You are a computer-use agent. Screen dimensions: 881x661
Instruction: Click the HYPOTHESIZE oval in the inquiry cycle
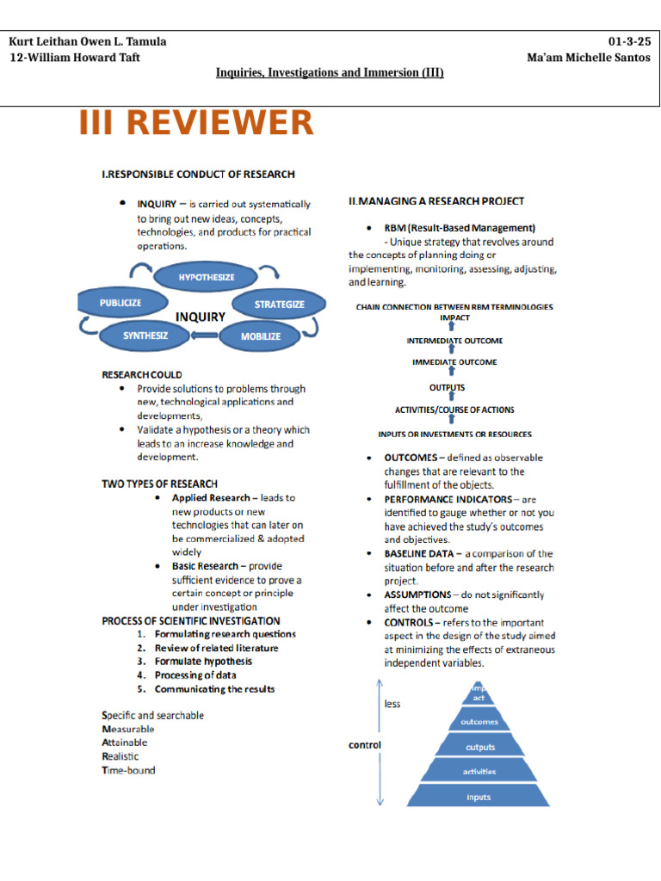tap(206, 277)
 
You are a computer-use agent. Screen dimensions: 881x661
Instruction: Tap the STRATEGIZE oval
tap(279, 305)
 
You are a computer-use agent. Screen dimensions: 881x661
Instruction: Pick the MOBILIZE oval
tap(260, 336)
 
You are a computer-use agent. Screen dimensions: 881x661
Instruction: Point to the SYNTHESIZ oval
tap(145, 336)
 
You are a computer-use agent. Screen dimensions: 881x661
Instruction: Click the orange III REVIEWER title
tap(196, 123)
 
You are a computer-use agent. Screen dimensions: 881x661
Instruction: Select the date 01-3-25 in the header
tap(629, 41)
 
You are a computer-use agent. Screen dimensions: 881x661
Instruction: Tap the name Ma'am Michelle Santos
tap(589, 58)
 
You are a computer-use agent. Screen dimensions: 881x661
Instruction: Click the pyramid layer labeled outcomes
tap(479, 722)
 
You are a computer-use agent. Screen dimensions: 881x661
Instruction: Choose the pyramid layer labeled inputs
tap(479, 797)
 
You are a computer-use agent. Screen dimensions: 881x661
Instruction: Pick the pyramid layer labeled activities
tap(479, 772)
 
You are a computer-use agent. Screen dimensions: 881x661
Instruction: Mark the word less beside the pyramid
tap(392, 704)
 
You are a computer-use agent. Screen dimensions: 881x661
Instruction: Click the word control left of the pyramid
tap(364, 745)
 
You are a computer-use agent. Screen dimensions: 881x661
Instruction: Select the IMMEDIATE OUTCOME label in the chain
tap(454, 362)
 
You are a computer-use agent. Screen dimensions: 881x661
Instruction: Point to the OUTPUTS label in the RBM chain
tap(447, 387)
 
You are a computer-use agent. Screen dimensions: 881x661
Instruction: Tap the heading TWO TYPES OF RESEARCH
tap(159, 484)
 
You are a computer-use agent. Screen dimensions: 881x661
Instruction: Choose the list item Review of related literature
tap(216, 648)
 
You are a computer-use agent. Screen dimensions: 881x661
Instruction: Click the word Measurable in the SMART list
tap(128, 729)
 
